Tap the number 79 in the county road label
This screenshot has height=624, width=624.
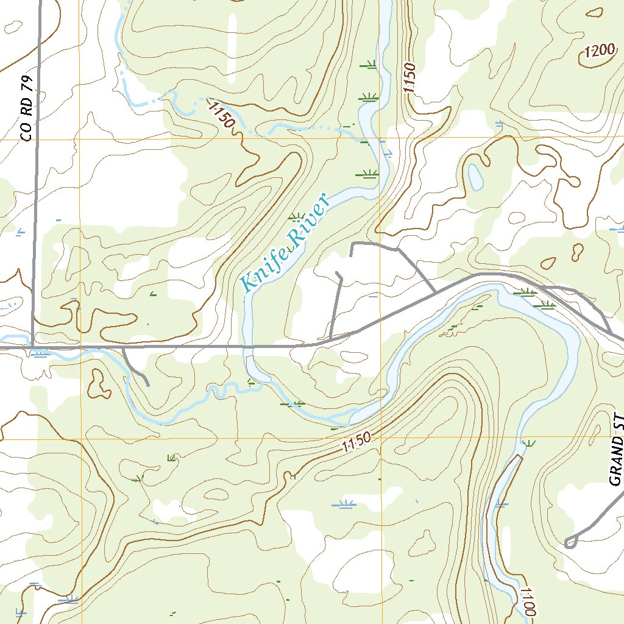tap(25, 89)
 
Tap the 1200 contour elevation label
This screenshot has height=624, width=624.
tap(598, 52)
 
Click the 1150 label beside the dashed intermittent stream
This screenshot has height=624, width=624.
tap(221, 115)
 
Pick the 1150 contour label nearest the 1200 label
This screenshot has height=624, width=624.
tap(409, 77)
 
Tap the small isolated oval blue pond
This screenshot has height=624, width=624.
tap(475, 176)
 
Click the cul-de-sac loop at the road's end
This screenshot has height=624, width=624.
tap(570, 542)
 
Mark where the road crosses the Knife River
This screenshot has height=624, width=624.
tap(248, 347)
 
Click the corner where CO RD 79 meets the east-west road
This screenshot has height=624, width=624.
tap(32, 348)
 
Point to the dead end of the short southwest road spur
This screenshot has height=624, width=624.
tap(148, 385)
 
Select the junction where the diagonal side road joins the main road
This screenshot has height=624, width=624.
tap(434, 293)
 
